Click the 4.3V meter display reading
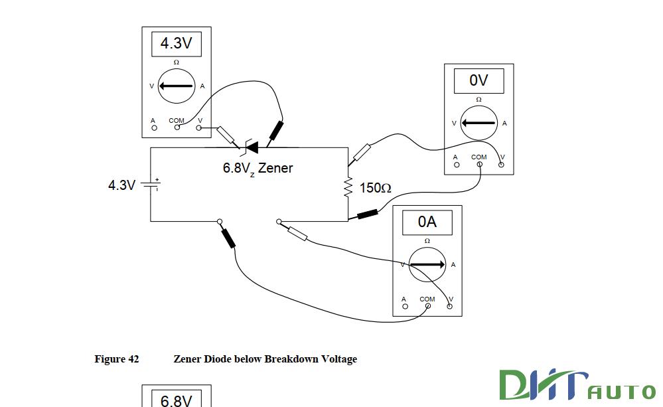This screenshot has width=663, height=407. coord(177,44)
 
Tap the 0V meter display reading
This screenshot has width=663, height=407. coord(479,81)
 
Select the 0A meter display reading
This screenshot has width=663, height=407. coord(427,222)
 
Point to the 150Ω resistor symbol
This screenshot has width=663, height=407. coord(348,188)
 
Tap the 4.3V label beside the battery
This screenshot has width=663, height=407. coord(122,185)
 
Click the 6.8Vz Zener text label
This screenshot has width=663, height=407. coord(258,168)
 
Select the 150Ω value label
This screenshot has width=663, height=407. coord(376,189)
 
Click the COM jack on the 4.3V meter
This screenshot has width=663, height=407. coord(177,127)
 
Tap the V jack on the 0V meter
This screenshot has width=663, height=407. coord(501,164)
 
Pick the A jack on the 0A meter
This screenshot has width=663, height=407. coord(404,305)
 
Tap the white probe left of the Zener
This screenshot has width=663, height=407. coord(226,135)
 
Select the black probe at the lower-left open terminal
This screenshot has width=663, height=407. coord(228,238)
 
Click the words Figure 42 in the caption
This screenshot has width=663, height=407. coord(117,359)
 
